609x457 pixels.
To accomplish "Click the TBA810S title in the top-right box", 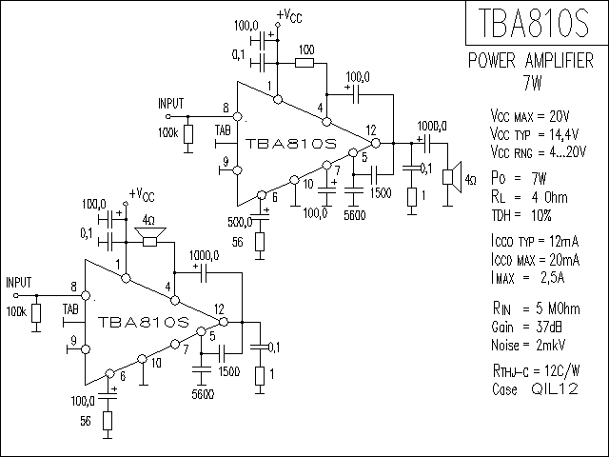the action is [534, 23].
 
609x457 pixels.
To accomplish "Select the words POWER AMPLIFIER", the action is [531, 61].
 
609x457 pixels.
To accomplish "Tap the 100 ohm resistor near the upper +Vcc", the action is [304, 63].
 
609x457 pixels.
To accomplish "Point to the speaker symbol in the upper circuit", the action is [452, 177].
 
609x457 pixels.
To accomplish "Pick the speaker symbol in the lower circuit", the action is [150, 237].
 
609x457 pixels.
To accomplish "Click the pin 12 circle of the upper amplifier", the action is [376, 143].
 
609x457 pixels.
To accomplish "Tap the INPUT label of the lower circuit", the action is [19, 283].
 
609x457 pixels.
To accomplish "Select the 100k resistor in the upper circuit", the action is [188, 134].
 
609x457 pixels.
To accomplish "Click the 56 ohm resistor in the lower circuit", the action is [108, 421].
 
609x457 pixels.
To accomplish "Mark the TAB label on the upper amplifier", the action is [223, 130].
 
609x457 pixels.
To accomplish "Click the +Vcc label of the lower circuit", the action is [142, 194].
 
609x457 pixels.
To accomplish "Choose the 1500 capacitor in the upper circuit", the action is [374, 175].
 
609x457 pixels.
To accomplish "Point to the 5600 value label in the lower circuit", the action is [203, 395].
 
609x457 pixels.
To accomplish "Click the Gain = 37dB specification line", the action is [526, 328].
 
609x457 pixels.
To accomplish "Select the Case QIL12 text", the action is [535, 389].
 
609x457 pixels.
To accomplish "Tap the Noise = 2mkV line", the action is [528, 345].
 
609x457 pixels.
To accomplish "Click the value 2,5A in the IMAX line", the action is [553, 278].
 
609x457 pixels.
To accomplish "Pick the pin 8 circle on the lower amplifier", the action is [86, 296].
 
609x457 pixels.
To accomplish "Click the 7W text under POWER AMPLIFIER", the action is [532, 83].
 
